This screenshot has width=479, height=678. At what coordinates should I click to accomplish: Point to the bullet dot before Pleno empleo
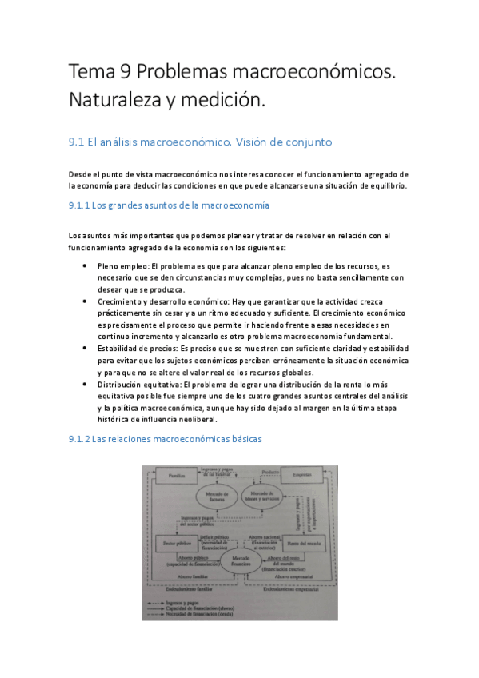point(86,266)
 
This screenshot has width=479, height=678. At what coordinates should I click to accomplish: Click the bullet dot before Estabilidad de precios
point(86,349)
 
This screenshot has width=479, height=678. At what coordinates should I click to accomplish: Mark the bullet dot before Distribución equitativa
point(86,384)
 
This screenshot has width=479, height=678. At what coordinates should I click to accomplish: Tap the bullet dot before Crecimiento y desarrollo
point(86,301)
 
